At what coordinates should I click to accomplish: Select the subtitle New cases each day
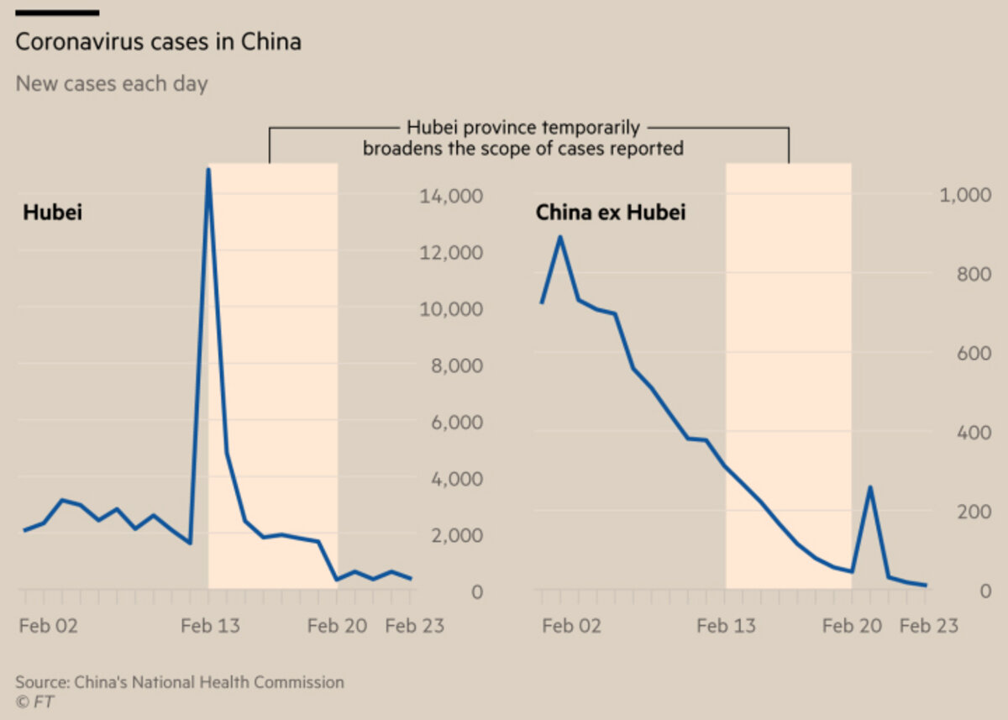pyautogui.click(x=112, y=84)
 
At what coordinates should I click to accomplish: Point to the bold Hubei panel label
pyautogui.click(x=52, y=213)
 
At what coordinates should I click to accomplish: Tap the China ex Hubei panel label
pyautogui.click(x=611, y=213)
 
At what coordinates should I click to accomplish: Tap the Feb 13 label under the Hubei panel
pyautogui.click(x=208, y=626)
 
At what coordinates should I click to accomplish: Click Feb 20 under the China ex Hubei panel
pyautogui.click(x=851, y=626)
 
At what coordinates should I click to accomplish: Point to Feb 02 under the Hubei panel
pyautogui.click(x=49, y=626)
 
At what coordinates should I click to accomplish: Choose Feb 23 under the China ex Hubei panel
pyautogui.click(x=928, y=626)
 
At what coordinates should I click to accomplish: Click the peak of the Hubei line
pyautogui.click(x=207, y=171)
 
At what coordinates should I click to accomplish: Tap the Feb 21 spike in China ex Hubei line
pyautogui.click(x=870, y=487)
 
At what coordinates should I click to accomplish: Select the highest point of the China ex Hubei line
pyautogui.click(x=559, y=237)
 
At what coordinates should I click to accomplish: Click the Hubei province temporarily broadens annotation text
pyautogui.click(x=523, y=139)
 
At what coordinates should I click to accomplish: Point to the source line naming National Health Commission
pyautogui.click(x=180, y=682)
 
